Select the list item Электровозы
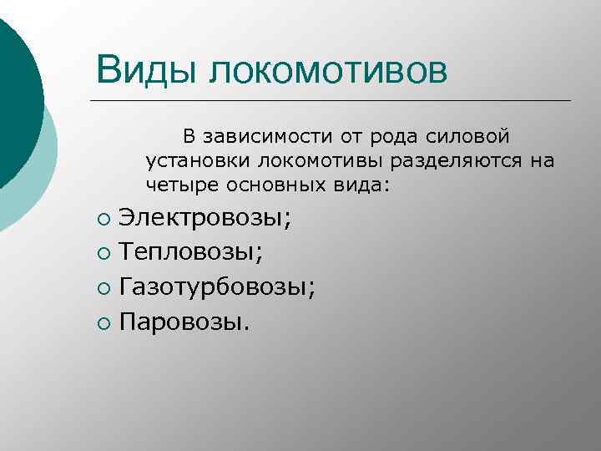pyautogui.click(x=205, y=219)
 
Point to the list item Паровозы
pyautogui.click(x=184, y=321)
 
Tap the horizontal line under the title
pyautogui.click(x=334, y=101)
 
